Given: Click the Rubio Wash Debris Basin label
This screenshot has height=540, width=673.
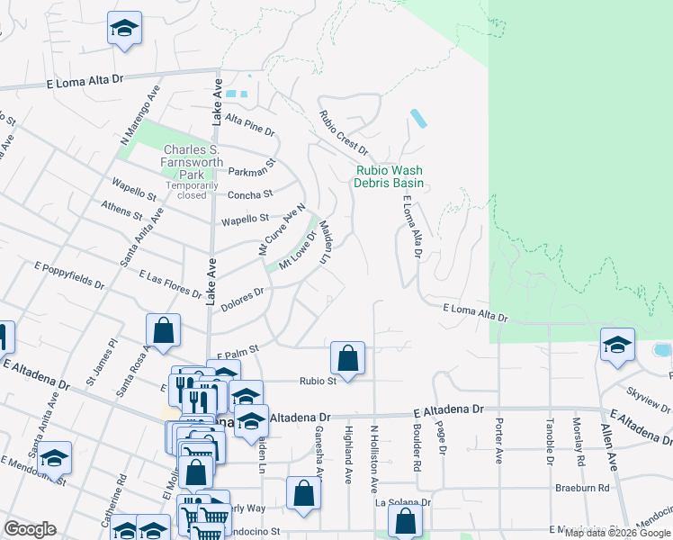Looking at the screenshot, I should point(389,176).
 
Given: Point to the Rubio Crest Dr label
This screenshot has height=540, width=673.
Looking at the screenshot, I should point(344,131).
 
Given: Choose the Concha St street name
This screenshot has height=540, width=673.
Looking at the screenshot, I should point(251,194).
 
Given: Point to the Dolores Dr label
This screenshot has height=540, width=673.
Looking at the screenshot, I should point(242,299).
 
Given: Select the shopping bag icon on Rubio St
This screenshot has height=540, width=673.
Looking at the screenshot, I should point(347,358).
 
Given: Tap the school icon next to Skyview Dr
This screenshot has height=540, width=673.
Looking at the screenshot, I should point(617,346).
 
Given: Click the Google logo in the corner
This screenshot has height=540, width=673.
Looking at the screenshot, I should point(30,529).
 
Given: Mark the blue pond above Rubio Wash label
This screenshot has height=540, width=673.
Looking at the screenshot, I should point(419,119).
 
